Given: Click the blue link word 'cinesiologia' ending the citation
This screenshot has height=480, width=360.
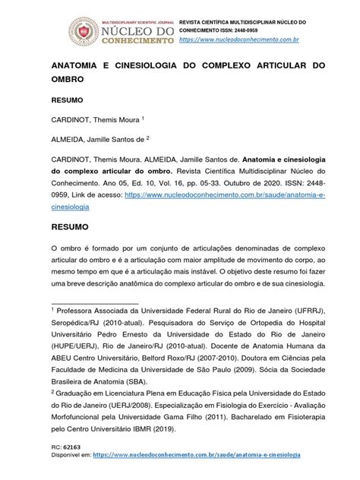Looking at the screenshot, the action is pyautogui.click(x=71, y=206).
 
